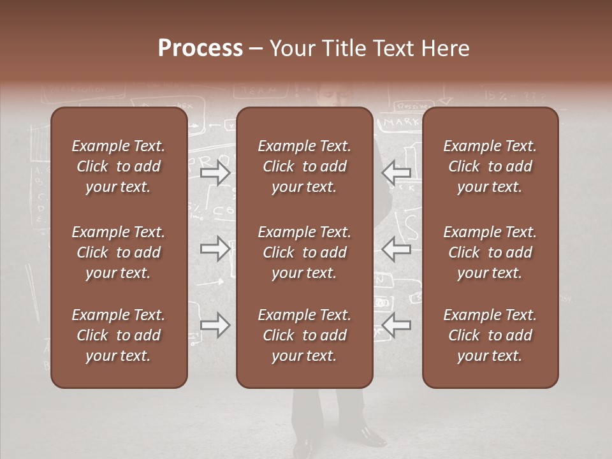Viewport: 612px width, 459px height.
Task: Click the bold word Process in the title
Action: [x=200, y=48]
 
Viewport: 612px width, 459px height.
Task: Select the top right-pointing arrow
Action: [x=215, y=173]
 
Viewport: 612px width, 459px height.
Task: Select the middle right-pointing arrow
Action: [x=215, y=249]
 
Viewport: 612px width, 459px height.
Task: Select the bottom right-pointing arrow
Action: [x=215, y=326]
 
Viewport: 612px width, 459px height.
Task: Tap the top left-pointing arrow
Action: [x=396, y=173]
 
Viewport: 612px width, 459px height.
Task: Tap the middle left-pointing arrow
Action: [x=396, y=249]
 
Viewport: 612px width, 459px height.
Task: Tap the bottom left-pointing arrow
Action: [x=396, y=326]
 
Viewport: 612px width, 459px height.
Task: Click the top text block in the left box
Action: [x=119, y=166]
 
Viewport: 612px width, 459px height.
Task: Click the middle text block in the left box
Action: [x=119, y=252]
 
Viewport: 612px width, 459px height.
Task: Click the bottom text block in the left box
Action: [x=119, y=335]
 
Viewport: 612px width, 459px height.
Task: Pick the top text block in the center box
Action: [x=304, y=166]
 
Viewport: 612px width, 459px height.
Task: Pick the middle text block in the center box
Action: [x=304, y=252]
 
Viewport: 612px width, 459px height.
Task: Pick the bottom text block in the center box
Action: [x=304, y=335]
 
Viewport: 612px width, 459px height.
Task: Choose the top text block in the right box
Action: [x=490, y=166]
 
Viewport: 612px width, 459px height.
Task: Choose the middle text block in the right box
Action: [x=490, y=252]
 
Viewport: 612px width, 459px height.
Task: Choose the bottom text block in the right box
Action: [x=490, y=335]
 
